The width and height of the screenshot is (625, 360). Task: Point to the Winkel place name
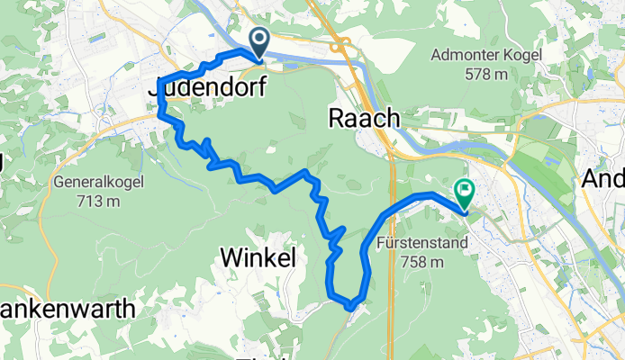click(258, 259)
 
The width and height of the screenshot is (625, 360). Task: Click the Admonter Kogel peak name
click(486, 56)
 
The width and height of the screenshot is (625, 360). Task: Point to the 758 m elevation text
click(422, 262)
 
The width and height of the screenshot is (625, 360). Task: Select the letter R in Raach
click(336, 119)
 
